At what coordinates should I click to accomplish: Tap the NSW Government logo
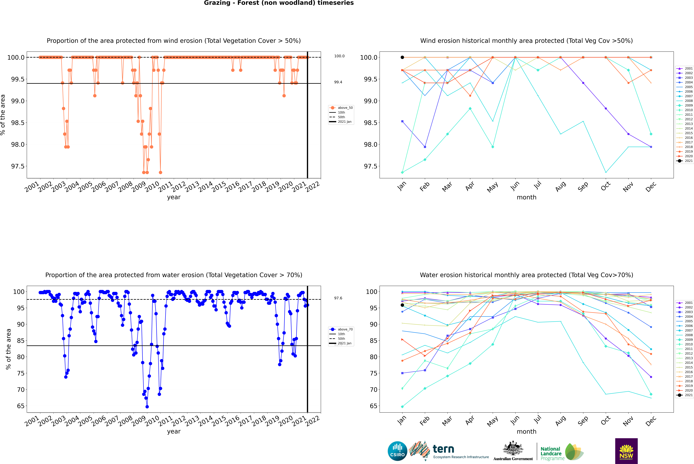626,451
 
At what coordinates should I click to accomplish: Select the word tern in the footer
443,449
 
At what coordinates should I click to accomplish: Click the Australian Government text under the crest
513,459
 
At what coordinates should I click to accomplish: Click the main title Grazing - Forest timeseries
279,3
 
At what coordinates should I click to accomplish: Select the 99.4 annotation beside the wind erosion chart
338,82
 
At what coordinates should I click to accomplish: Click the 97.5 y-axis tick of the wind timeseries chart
18,166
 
